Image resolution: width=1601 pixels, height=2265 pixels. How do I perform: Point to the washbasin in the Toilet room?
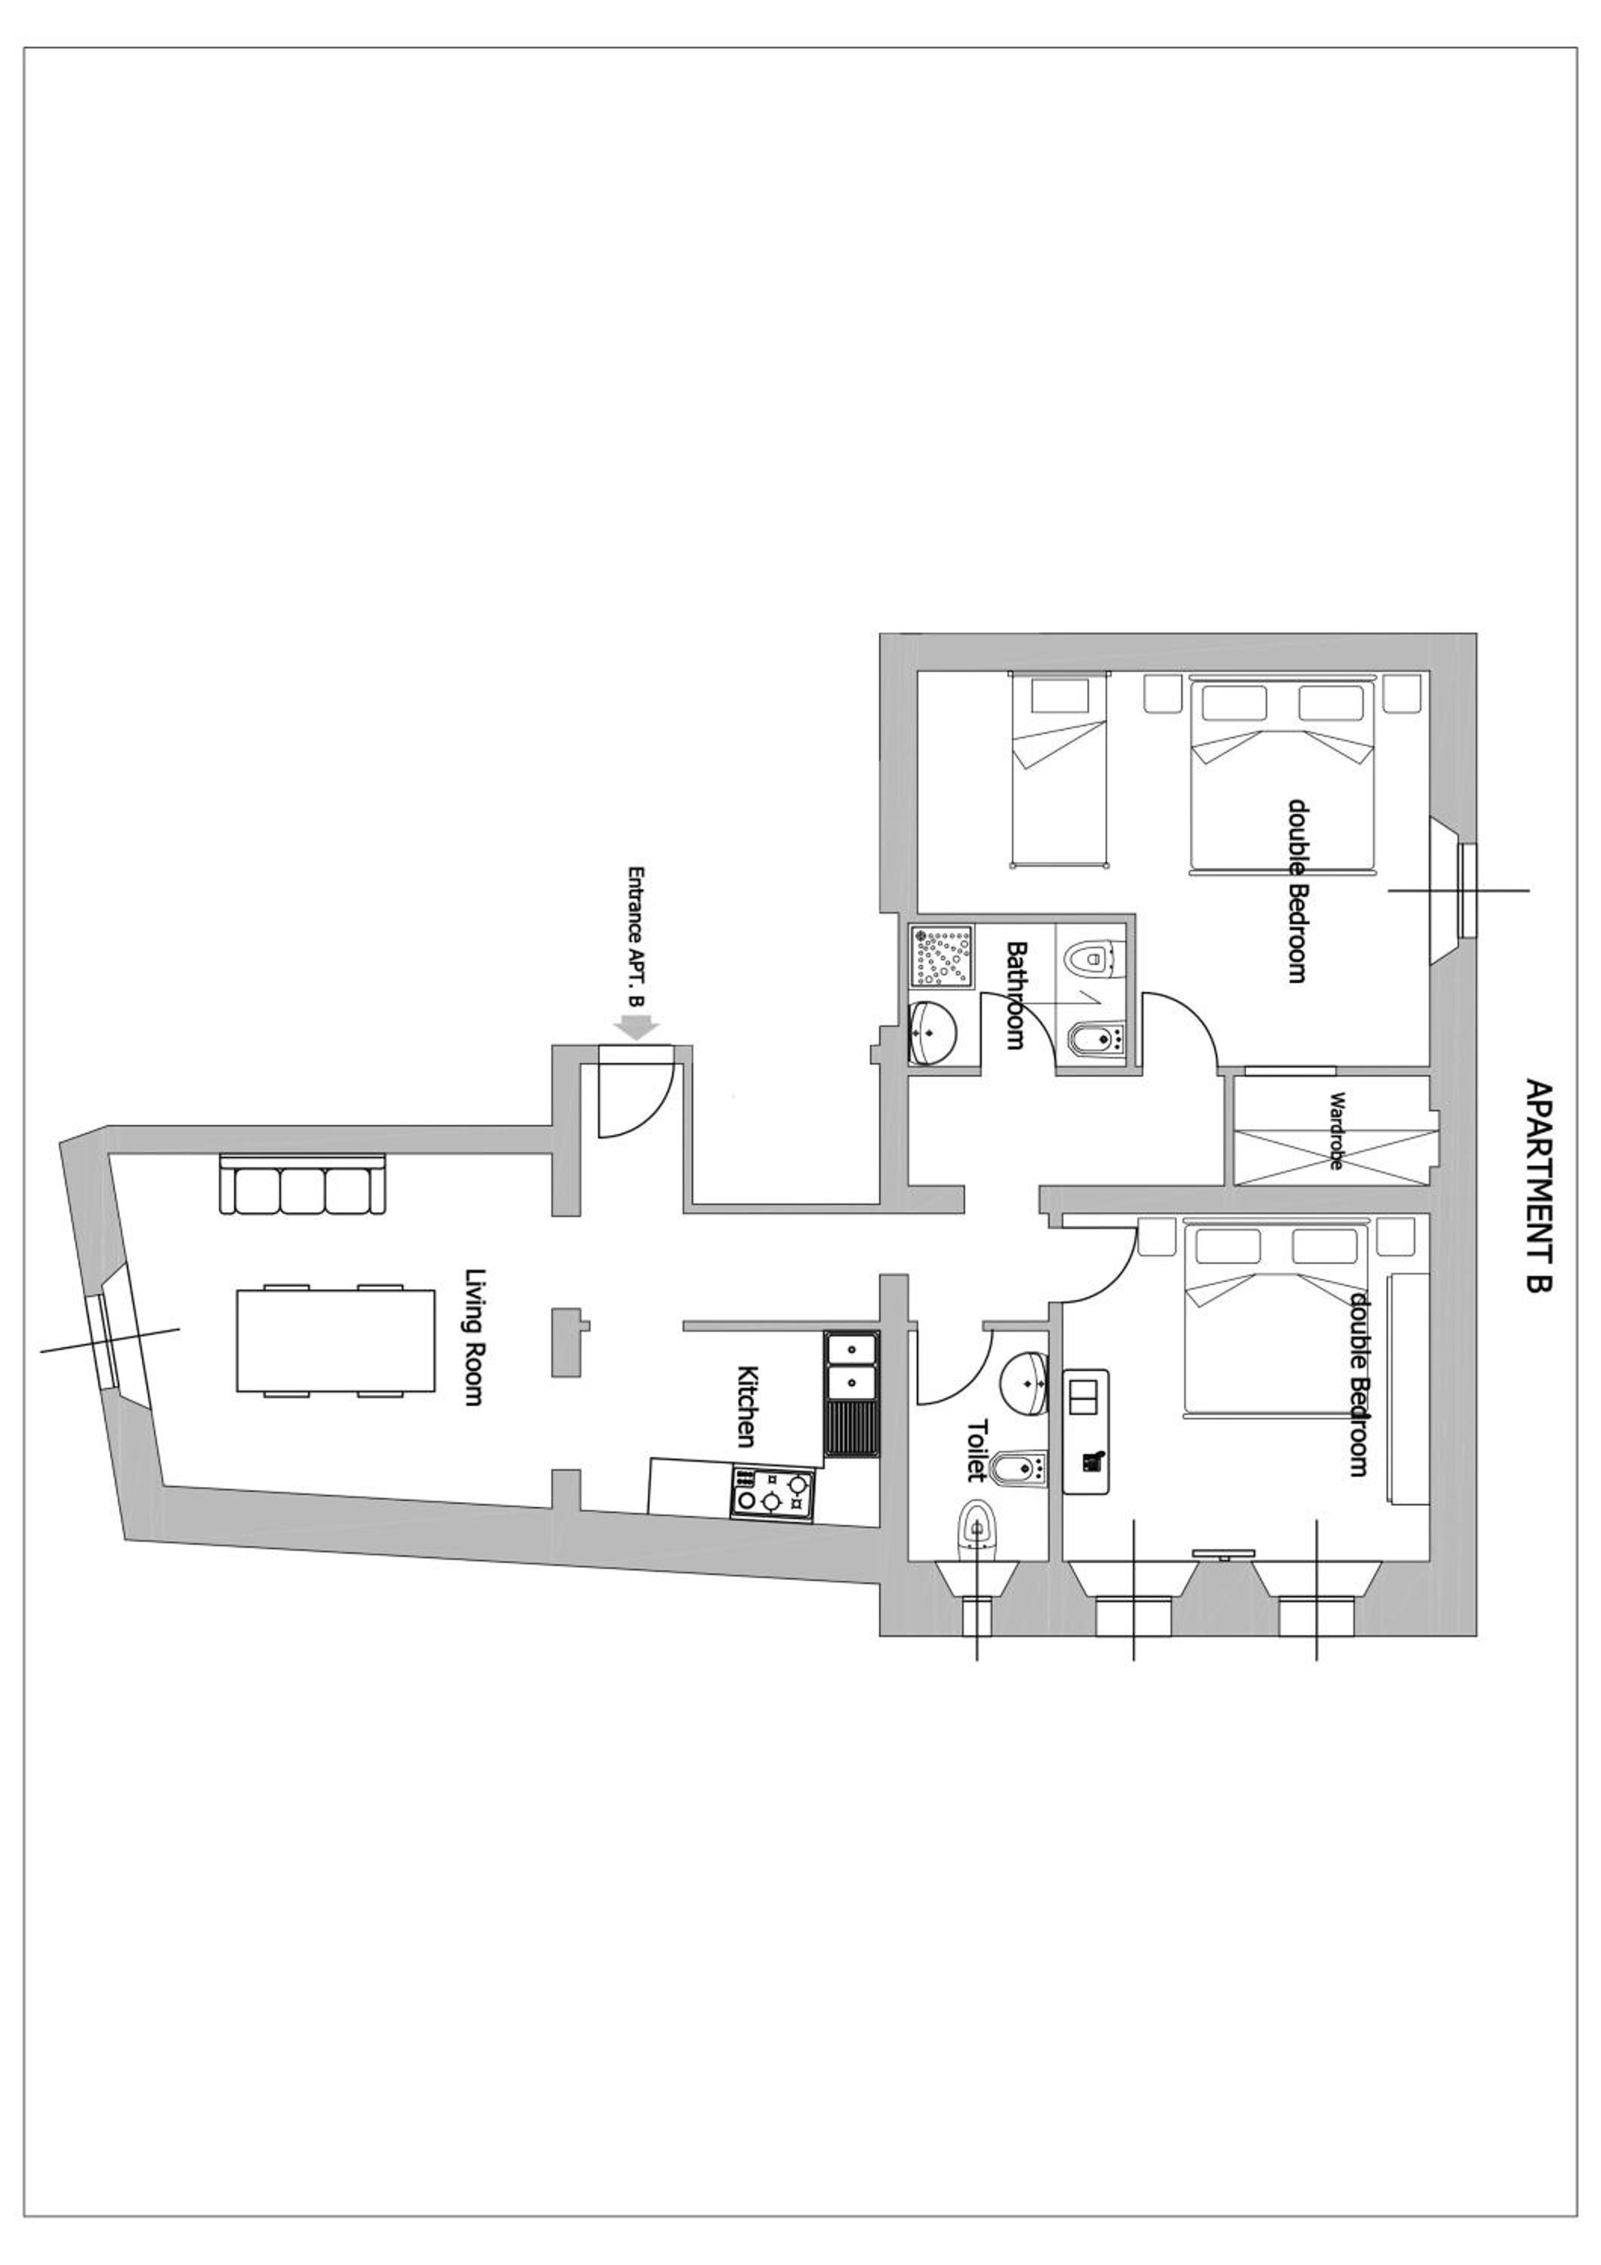pyautogui.click(x=1025, y=1384)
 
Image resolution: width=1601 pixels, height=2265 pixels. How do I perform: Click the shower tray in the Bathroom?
pyautogui.click(x=942, y=956)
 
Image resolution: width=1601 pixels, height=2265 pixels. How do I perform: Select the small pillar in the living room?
pyautogui.click(x=567, y=1342)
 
